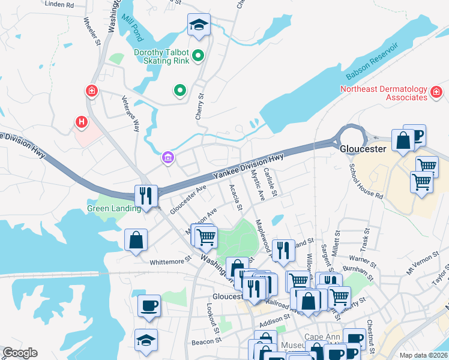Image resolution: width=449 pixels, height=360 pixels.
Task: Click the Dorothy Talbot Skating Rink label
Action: click(x=161, y=57)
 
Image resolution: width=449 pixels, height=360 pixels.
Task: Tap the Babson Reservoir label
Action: click(x=372, y=62)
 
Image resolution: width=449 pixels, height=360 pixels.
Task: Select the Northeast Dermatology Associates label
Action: click(x=383, y=93)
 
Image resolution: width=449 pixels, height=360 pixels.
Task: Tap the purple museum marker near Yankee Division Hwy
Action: click(x=168, y=158)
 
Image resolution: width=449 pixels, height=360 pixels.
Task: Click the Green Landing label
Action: click(x=114, y=209)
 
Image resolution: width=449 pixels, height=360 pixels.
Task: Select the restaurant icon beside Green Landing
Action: click(x=146, y=195)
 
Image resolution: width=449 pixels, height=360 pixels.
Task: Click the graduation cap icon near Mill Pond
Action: click(x=199, y=25)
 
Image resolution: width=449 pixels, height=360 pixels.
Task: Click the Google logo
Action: click(x=20, y=353)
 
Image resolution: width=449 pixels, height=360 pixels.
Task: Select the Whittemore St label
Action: click(x=170, y=261)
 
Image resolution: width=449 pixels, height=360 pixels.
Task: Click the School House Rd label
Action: click(x=366, y=182)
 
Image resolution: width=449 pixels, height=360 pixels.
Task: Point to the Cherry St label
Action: click(x=200, y=106)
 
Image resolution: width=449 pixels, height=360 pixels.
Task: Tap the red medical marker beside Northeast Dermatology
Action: click(x=436, y=92)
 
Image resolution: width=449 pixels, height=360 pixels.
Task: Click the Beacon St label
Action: click(x=206, y=341)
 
